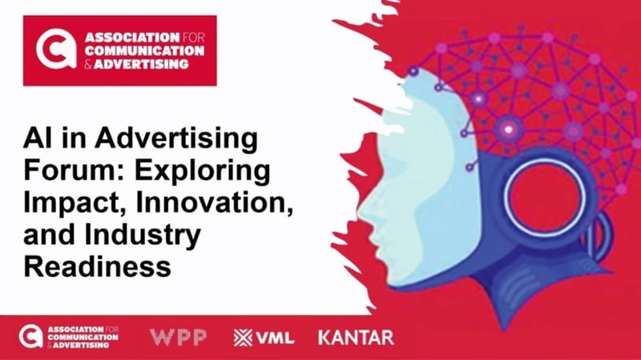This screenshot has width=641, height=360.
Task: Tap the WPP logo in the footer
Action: click(x=178, y=336)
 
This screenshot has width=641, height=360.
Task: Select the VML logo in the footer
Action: click(x=264, y=337)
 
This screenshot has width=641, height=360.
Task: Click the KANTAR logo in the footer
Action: click(x=356, y=337)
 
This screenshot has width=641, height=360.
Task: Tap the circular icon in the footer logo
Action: click(x=30, y=336)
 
